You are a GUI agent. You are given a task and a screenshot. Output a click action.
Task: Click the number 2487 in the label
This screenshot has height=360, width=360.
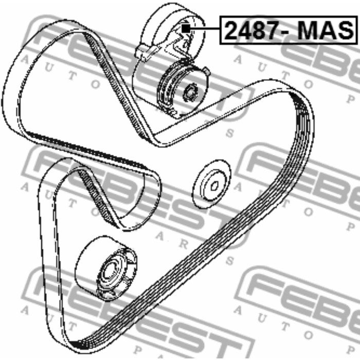tap(252, 30)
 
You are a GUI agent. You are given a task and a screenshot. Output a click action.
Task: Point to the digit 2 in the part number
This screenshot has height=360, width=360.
tap(231, 30)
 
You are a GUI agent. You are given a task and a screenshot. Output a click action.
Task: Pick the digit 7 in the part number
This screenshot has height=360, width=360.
tap(273, 30)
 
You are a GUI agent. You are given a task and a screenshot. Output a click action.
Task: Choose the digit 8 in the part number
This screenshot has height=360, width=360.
tap(259, 30)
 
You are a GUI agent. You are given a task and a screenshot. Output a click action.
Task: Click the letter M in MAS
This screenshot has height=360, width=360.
tap(308, 30)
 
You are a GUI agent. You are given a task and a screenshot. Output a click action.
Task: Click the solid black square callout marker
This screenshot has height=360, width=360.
tap(186, 28)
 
